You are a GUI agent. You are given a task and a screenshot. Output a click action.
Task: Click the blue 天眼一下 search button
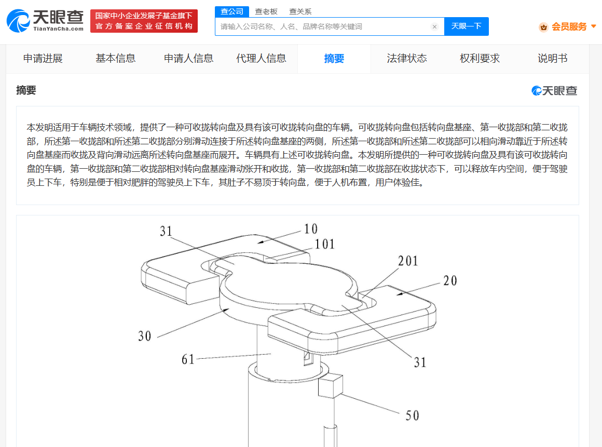(466, 26)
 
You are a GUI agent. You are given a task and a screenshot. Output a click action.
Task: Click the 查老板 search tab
(266, 11)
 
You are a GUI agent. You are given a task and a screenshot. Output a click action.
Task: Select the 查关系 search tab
(300, 11)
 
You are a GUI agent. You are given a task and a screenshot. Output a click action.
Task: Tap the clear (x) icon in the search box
(434, 26)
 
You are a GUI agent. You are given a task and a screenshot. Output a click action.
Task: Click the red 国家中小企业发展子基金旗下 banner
(144, 21)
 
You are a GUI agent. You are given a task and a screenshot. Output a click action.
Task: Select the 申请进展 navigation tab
(43, 58)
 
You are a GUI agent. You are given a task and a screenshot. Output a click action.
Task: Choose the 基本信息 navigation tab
(116, 58)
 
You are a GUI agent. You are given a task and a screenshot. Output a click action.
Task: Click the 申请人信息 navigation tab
(188, 58)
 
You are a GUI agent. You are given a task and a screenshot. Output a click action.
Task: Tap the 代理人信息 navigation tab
(262, 58)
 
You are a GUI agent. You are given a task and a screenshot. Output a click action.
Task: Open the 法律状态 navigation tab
(407, 58)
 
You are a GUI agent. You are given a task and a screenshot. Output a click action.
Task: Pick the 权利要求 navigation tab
(480, 58)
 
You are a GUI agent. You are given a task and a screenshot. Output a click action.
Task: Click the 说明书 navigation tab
(553, 58)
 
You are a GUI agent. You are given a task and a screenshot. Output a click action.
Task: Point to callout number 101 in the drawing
(325, 244)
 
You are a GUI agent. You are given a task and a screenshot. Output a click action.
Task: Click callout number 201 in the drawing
(408, 261)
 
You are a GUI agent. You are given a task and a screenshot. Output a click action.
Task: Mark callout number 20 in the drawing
(450, 281)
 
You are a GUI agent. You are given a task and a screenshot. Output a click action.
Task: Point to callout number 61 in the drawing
(188, 359)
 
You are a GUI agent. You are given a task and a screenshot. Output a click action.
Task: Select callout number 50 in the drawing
(413, 415)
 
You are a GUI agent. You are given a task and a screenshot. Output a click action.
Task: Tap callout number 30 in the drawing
(145, 336)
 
